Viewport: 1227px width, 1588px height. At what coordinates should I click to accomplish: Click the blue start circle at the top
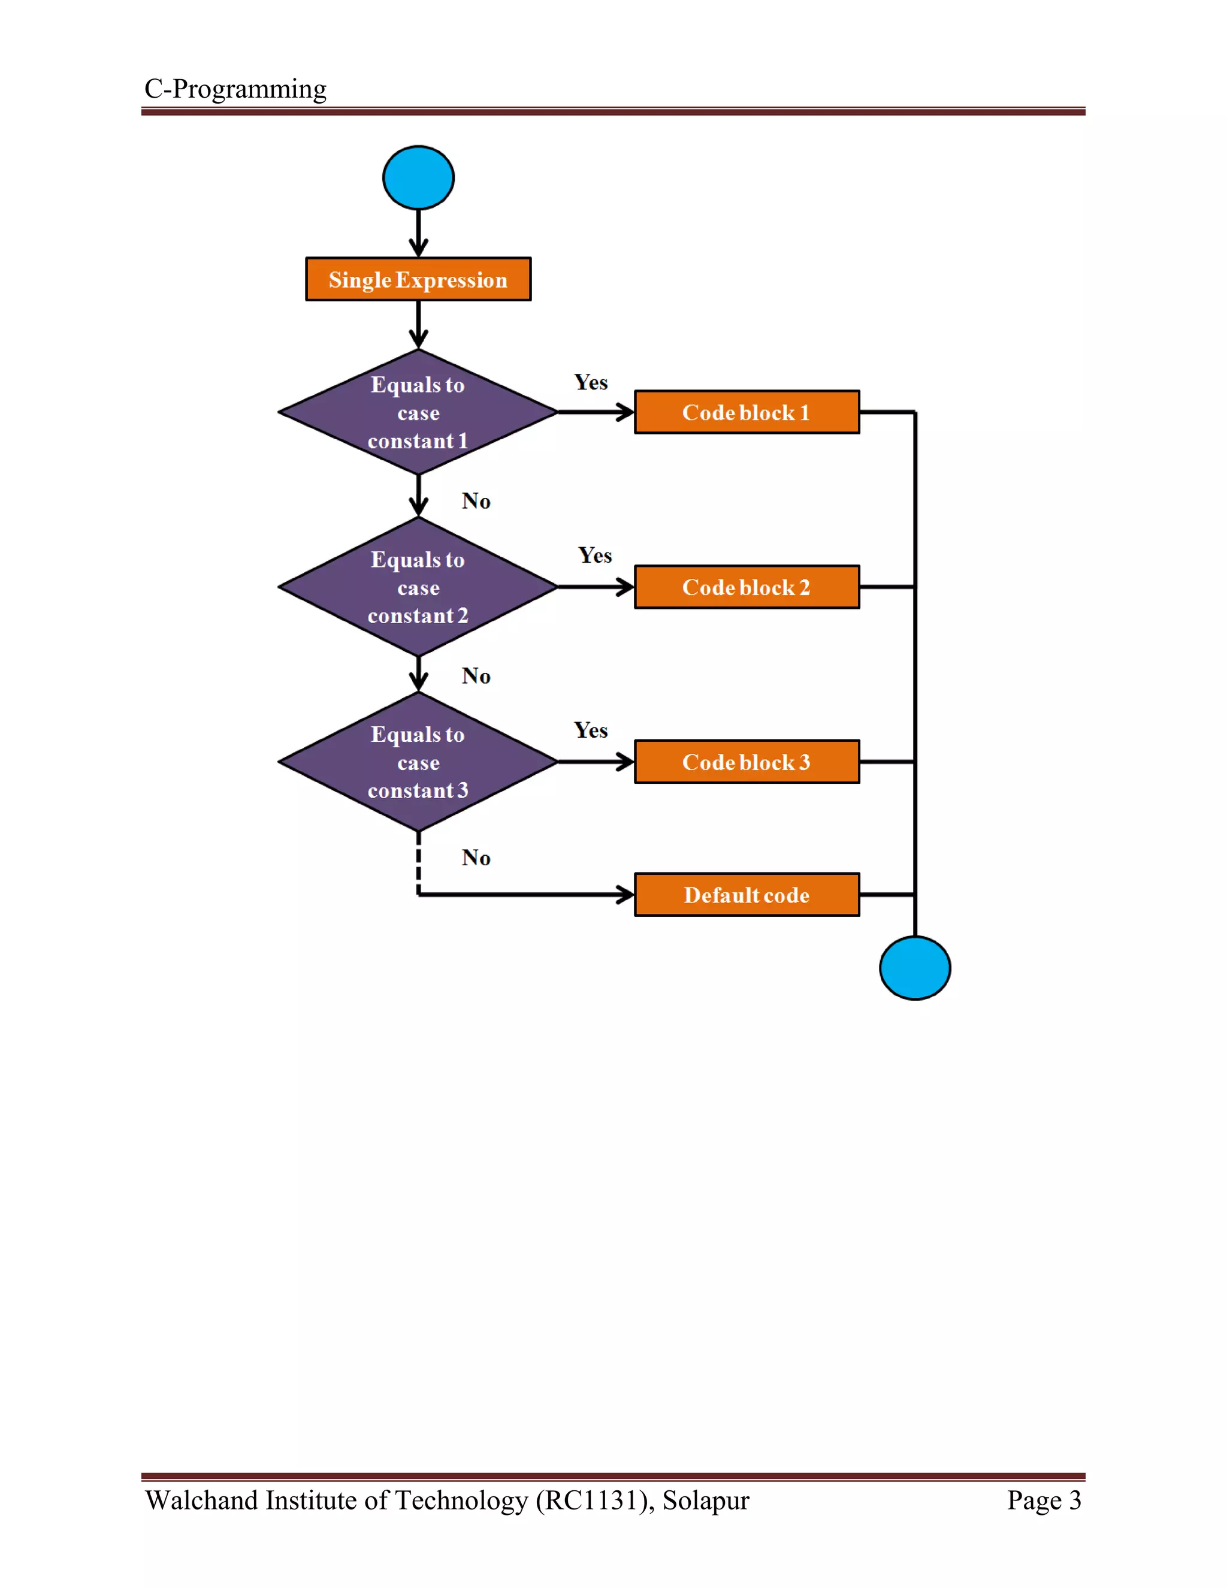(418, 177)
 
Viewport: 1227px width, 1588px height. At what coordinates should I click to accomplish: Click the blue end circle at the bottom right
(914, 968)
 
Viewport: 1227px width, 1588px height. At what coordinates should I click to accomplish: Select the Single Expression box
(418, 279)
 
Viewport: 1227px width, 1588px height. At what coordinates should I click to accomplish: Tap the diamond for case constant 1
(418, 412)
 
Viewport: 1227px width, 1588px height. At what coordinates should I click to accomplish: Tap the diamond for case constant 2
(418, 587)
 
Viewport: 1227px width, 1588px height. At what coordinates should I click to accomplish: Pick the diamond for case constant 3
(418, 762)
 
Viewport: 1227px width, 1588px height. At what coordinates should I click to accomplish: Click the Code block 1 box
(747, 412)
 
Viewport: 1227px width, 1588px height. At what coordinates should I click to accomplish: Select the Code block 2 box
(747, 587)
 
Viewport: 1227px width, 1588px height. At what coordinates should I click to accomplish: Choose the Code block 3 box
(747, 762)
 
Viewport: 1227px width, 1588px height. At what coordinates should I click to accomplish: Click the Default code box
(747, 894)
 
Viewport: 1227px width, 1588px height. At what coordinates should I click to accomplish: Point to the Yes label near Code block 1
(590, 382)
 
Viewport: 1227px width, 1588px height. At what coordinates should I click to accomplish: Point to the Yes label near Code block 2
(594, 556)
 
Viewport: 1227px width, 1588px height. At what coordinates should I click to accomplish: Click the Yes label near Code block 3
(590, 730)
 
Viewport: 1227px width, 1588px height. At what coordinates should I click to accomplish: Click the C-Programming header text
(235, 89)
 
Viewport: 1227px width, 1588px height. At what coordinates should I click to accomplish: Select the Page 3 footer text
(1044, 1500)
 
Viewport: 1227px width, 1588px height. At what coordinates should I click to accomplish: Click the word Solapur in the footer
(705, 1500)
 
